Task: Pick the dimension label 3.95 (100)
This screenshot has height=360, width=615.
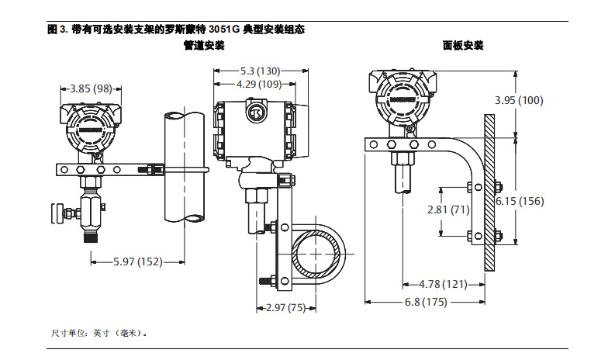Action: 519,100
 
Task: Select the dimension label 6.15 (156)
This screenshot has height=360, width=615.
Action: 519,201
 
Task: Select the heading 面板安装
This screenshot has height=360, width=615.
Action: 463,46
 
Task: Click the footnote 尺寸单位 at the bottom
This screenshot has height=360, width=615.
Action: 98,333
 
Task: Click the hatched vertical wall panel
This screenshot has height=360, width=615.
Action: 489,190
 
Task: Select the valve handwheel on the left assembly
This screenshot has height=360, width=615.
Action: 57,213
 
